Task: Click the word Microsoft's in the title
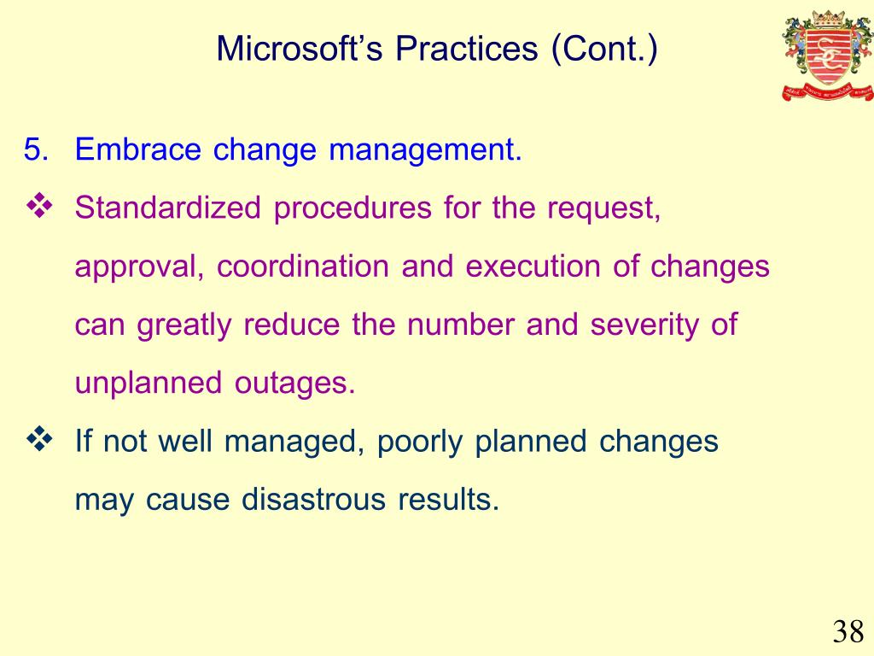[300, 48]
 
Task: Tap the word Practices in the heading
[467, 48]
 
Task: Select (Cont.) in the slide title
[604, 49]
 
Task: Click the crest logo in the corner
[828, 55]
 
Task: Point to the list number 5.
[36, 149]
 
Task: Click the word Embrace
[137, 149]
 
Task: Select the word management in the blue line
[425, 150]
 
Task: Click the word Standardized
[168, 208]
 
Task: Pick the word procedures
[353, 208]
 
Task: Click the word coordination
[303, 266]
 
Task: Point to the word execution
[533, 266]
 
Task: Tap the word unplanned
[149, 384]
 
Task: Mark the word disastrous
[313, 499]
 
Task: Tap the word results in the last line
[448, 499]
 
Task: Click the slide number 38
[848, 632]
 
